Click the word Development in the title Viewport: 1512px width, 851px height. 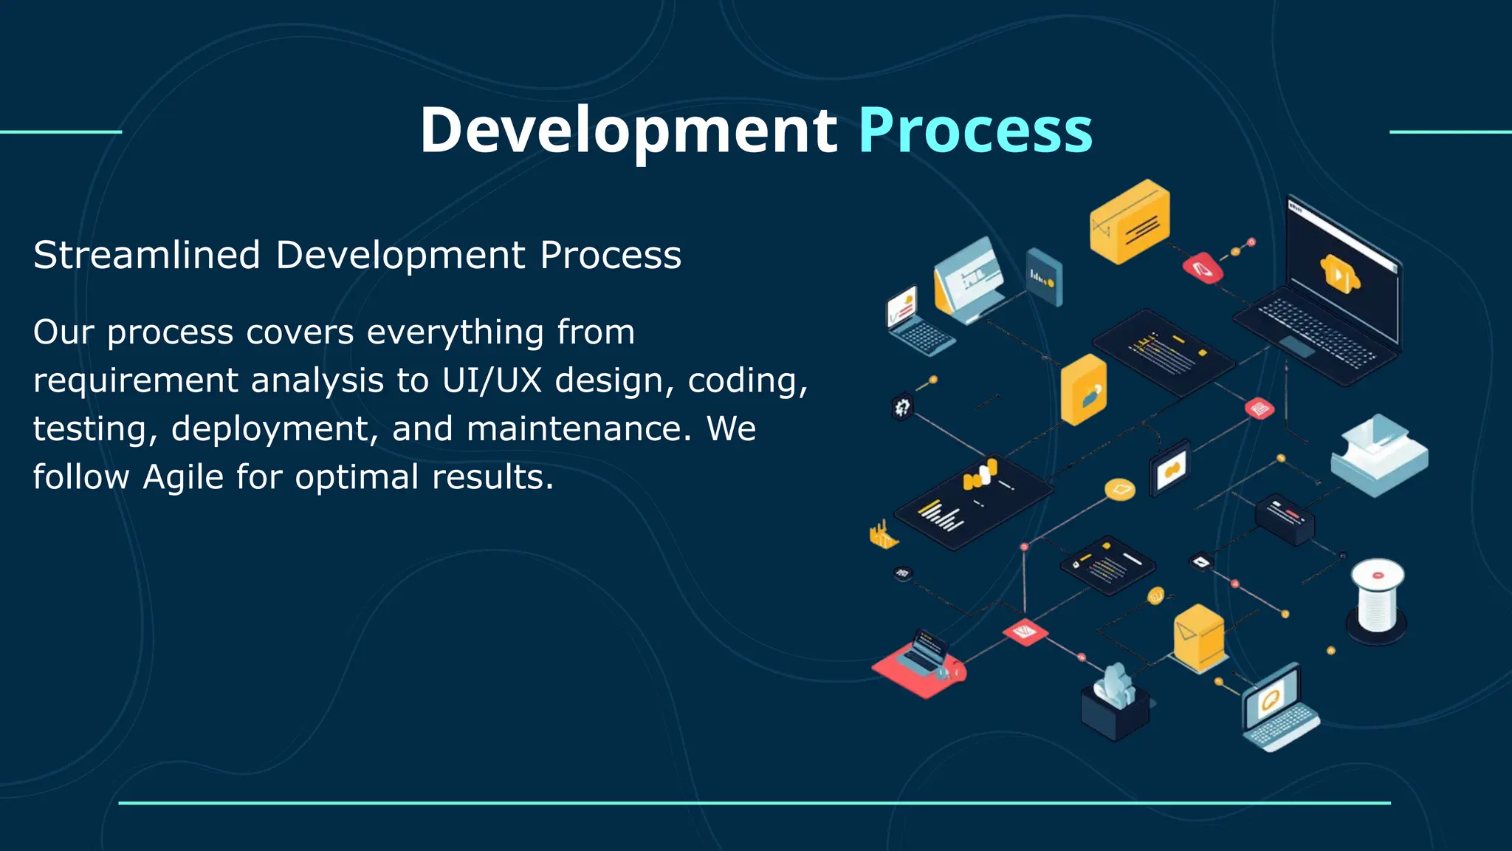[628, 131]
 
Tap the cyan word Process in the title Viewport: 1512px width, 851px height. [975, 131]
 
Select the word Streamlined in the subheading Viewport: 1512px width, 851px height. [147, 256]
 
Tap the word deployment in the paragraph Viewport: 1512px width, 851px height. [275, 429]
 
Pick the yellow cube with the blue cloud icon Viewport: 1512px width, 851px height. [1083, 389]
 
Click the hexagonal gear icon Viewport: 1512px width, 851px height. [902, 407]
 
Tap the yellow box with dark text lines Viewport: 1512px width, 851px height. [1130, 222]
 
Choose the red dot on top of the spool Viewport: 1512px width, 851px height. [1378, 575]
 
